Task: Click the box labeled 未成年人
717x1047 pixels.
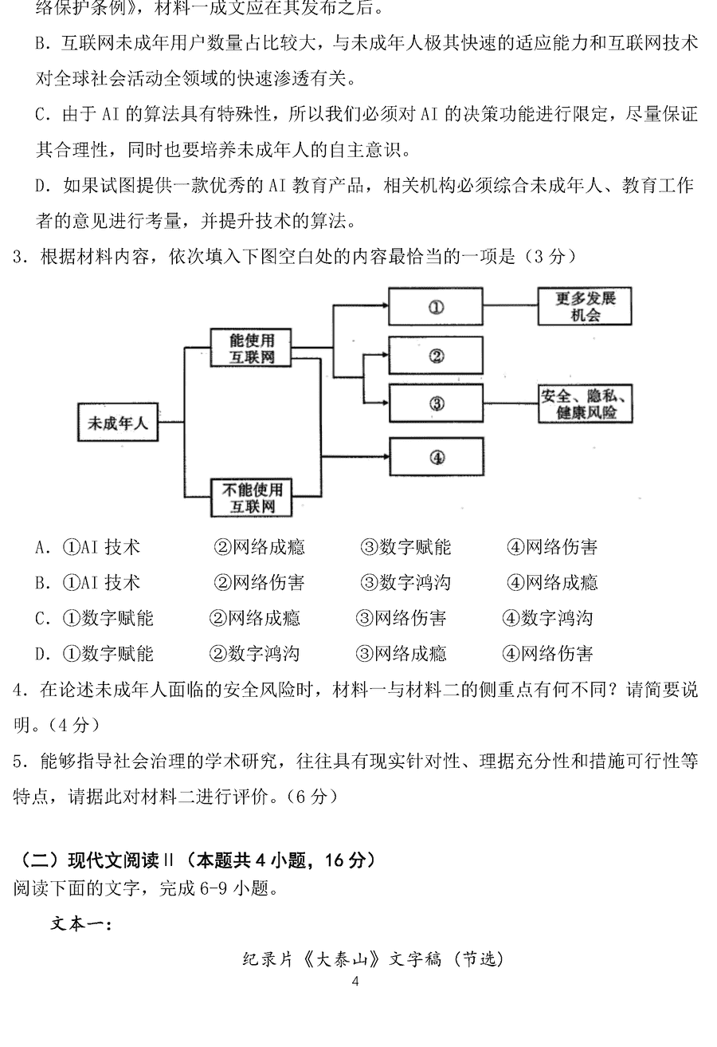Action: [117, 423]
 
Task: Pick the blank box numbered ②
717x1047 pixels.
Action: [436, 356]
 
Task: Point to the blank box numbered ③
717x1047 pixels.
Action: [436, 403]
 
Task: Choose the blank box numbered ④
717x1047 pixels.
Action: [436, 457]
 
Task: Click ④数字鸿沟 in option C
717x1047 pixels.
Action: [547, 618]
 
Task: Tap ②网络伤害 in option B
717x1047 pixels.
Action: [259, 583]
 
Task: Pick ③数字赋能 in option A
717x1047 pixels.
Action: [406, 547]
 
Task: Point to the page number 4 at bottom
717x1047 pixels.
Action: [355, 982]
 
